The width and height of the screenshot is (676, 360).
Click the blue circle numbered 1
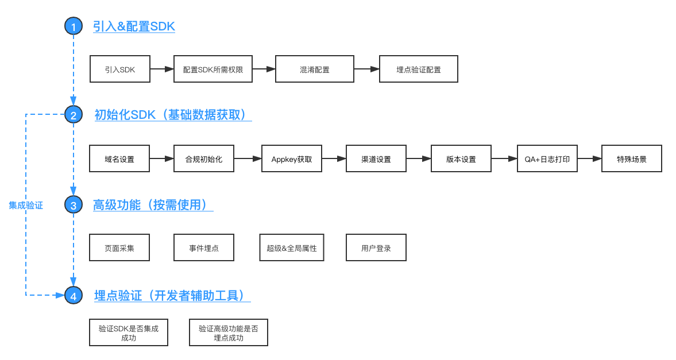74,26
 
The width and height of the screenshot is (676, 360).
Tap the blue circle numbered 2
74,115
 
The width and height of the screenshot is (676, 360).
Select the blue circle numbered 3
74,205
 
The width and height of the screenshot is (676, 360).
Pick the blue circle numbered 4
74,296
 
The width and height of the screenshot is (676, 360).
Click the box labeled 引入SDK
120,69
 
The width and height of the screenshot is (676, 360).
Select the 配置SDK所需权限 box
213,69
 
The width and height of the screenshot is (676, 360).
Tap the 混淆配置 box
315,69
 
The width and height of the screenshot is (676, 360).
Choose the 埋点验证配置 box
419,69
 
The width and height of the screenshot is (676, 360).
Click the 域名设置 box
119,159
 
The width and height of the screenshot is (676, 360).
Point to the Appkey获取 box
292,159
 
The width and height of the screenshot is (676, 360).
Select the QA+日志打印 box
547,159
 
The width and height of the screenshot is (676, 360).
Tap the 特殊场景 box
632,159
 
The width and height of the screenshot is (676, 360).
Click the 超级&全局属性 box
292,248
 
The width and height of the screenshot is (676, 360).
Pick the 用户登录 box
376,248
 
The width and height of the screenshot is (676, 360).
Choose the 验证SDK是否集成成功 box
129,333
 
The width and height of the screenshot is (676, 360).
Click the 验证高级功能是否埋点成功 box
229,333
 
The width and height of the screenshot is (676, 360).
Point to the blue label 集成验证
26,205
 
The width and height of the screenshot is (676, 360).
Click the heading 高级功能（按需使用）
153,205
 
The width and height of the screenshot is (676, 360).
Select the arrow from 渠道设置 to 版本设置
419,159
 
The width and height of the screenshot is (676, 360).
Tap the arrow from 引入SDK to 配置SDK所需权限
162,69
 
